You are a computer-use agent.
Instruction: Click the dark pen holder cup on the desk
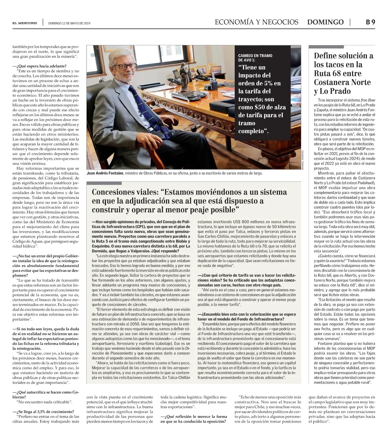point(214,85)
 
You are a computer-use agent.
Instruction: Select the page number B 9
point(370,22)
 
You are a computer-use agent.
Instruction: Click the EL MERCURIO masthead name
point(25,23)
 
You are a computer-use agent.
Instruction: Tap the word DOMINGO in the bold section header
point(325,22)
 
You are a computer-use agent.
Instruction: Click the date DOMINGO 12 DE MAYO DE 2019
point(69,23)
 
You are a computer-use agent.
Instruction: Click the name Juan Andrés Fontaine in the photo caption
point(105,173)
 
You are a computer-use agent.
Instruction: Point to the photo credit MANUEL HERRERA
point(303,160)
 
